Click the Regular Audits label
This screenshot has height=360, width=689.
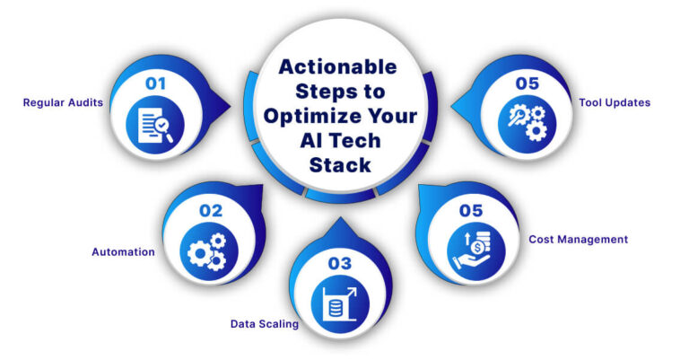pos(62,102)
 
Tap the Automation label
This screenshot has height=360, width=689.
pos(123,252)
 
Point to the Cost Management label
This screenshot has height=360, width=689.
pos(578,240)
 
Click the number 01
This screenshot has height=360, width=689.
pos(157,83)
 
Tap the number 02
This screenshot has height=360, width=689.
pos(211,212)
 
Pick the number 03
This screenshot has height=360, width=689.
pos(336,263)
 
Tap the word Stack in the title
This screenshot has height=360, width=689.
pos(338,166)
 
